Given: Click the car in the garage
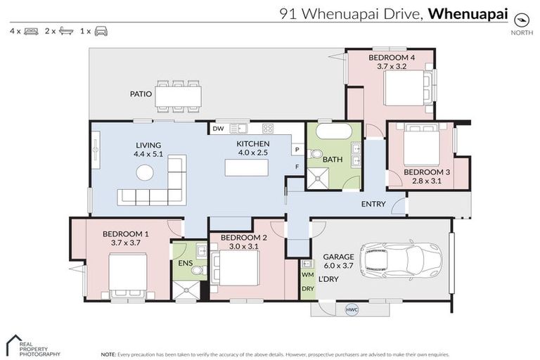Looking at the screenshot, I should tap(401, 260).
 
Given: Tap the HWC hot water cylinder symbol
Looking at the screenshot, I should tap(352, 309).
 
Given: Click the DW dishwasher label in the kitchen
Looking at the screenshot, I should tap(219, 129).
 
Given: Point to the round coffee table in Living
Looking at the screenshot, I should tap(145, 172).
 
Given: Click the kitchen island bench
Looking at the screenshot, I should tap(246, 167).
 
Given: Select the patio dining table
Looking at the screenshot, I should tap(179, 95).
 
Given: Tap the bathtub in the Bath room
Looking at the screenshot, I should tap(334, 132).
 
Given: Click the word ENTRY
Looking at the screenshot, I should tap(372, 205).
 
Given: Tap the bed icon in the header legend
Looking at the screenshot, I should tap(31, 32).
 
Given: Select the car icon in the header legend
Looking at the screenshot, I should tap(101, 32).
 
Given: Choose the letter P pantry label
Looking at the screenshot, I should tap(297, 149).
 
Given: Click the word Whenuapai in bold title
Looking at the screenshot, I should tap(468, 13).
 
